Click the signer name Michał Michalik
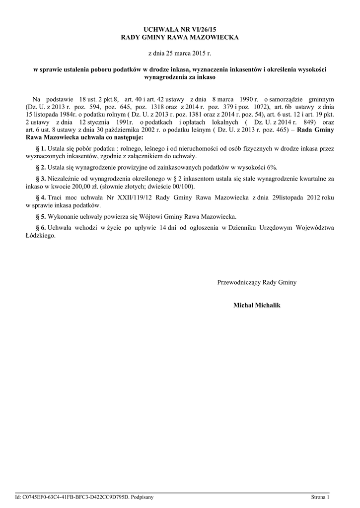click(x=257, y=305)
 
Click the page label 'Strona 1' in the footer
click(x=320, y=497)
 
